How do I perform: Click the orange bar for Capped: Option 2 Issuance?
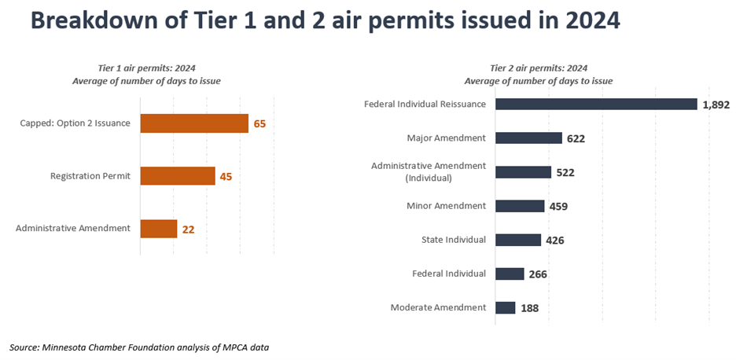[194, 123]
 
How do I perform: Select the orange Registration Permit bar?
[178, 176]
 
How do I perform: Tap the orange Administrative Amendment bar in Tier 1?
[159, 229]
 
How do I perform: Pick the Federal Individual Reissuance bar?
[596, 104]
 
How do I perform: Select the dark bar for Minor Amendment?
[520, 206]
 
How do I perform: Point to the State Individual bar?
[518, 240]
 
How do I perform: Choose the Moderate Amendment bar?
[505, 307]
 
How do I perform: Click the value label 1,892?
[716, 105]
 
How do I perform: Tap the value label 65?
[259, 124]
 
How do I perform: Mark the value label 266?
[538, 274]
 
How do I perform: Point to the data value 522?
[565, 172]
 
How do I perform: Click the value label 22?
[188, 230]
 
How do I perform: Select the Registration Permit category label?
[90, 176]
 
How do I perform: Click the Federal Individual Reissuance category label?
[425, 104]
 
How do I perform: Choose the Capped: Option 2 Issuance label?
[75, 123]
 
